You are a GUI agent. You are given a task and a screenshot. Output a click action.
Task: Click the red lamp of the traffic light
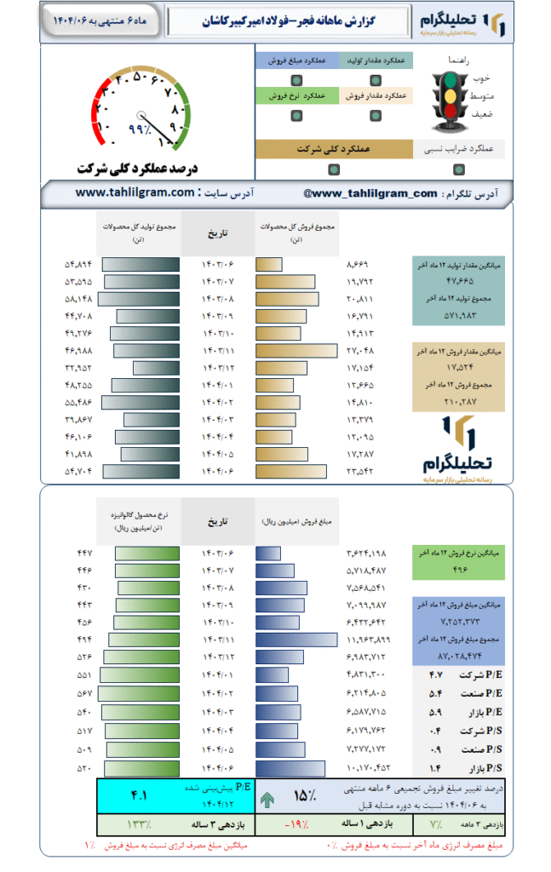(x=449, y=82)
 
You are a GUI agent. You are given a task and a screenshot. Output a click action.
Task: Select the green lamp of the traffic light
(x=449, y=112)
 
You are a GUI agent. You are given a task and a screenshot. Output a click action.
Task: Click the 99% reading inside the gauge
(x=138, y=129)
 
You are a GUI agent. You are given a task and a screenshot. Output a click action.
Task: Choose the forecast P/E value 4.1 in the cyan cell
(x=139, y=795)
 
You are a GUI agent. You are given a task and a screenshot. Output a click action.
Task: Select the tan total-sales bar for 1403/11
(x=290, y=350)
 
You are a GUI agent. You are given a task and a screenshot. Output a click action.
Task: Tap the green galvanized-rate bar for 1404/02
(x=140, y=693)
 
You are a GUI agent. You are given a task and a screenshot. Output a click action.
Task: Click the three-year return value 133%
(x=138, y=824)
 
